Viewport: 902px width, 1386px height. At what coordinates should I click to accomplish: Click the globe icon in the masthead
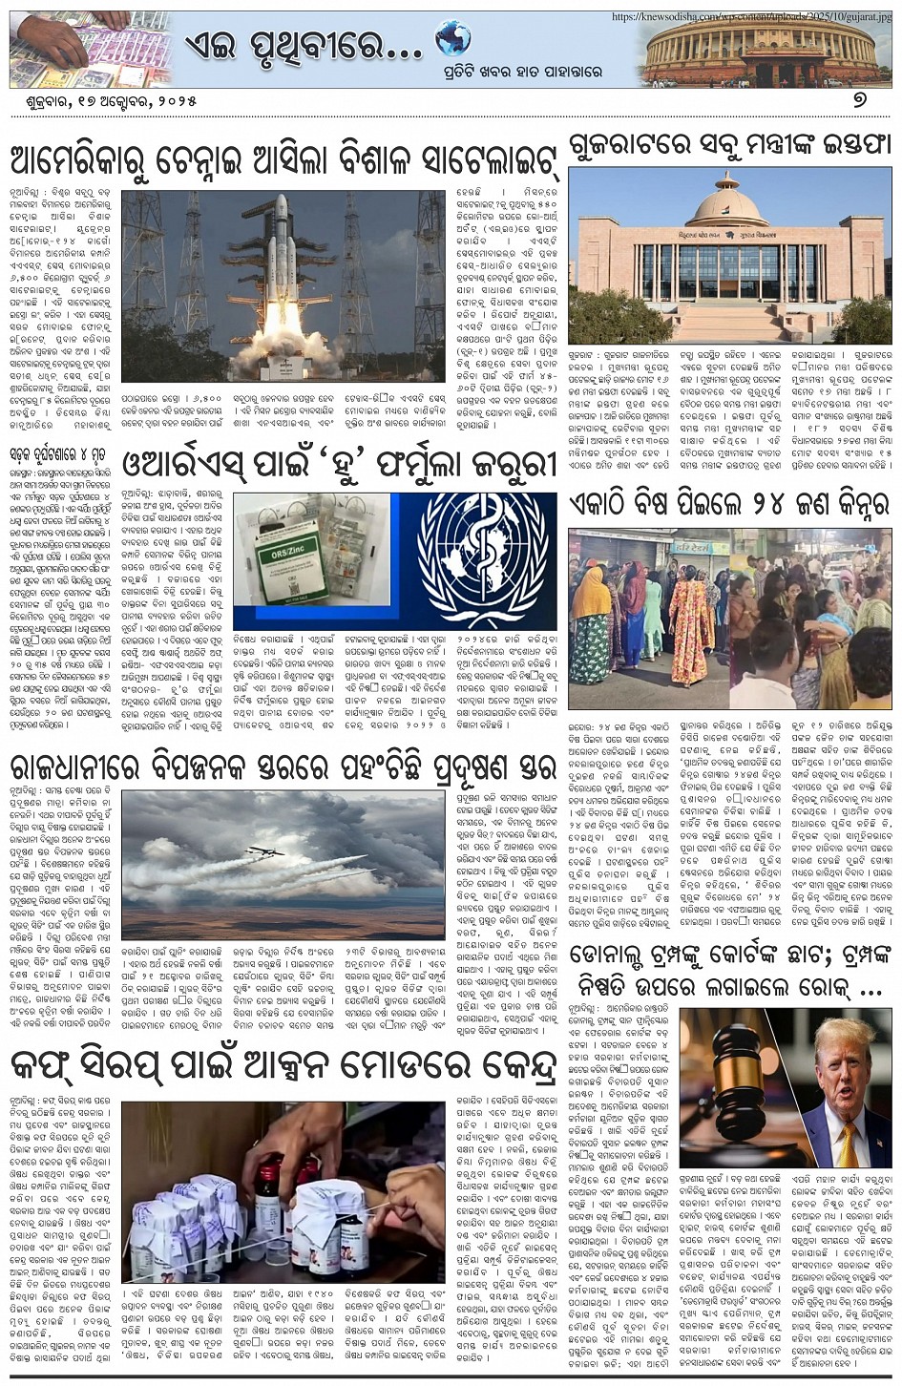click(452, 39)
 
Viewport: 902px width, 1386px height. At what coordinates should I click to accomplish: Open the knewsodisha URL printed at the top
click(754, 16)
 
